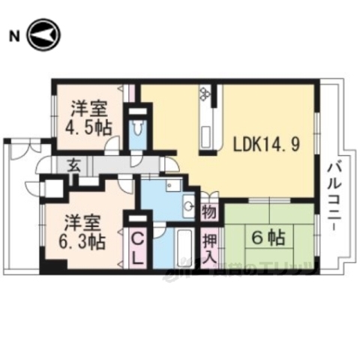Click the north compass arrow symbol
43,35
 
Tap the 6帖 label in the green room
267,238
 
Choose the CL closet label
139,247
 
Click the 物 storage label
209,212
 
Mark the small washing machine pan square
174,185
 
